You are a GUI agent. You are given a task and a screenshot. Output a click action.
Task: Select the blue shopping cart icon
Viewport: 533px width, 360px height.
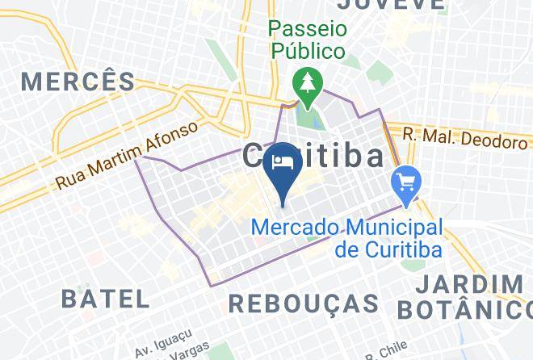click(403, 182)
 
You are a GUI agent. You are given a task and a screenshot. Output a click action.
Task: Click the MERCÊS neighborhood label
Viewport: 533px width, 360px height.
click(79, 81)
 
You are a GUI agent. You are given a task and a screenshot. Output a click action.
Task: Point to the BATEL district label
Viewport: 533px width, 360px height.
click(106, 298)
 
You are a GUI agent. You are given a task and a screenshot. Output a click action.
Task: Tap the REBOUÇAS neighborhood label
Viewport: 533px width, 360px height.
click(304, 303)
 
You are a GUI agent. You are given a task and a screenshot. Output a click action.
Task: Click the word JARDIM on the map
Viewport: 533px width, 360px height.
click(472, 285)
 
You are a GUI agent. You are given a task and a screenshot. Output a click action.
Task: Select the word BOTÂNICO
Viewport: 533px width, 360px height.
click(464, 309)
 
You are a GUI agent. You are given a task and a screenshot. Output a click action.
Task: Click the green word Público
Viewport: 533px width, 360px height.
click(308, 51)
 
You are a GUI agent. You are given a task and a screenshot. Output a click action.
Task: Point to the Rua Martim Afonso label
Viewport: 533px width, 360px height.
click(127, 156)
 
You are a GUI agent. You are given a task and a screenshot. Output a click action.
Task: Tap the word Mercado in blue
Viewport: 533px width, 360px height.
click(293, 227)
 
